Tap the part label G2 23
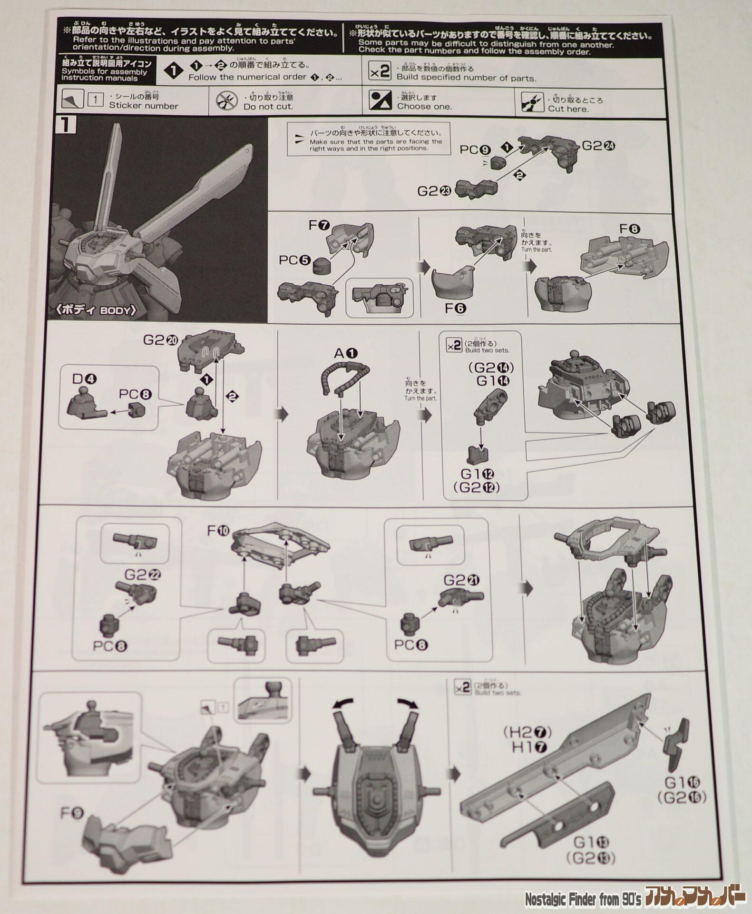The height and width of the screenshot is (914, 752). (434, 191)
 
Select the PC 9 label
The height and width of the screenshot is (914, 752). (475, 150)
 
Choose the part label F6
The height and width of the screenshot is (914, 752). (455, 308)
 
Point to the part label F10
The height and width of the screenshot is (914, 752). (218, 529)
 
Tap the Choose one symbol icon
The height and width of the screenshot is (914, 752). (380, 101)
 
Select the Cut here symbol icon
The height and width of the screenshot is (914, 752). (532, 102)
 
